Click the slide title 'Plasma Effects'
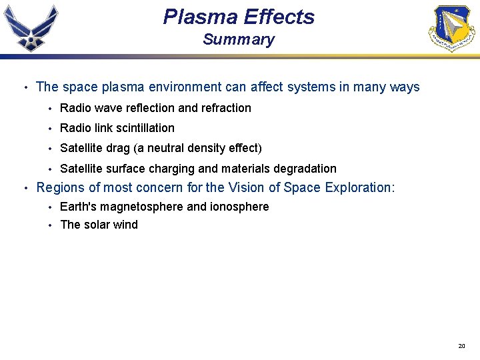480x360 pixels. [239, 17]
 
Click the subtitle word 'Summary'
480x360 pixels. [239, 39]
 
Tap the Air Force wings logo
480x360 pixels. [31, 27]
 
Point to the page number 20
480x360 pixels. [461, 346]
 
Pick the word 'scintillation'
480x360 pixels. [143, 128]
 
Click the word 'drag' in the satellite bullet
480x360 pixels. [117, 148]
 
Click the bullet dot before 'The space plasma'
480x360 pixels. [25, 87]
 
